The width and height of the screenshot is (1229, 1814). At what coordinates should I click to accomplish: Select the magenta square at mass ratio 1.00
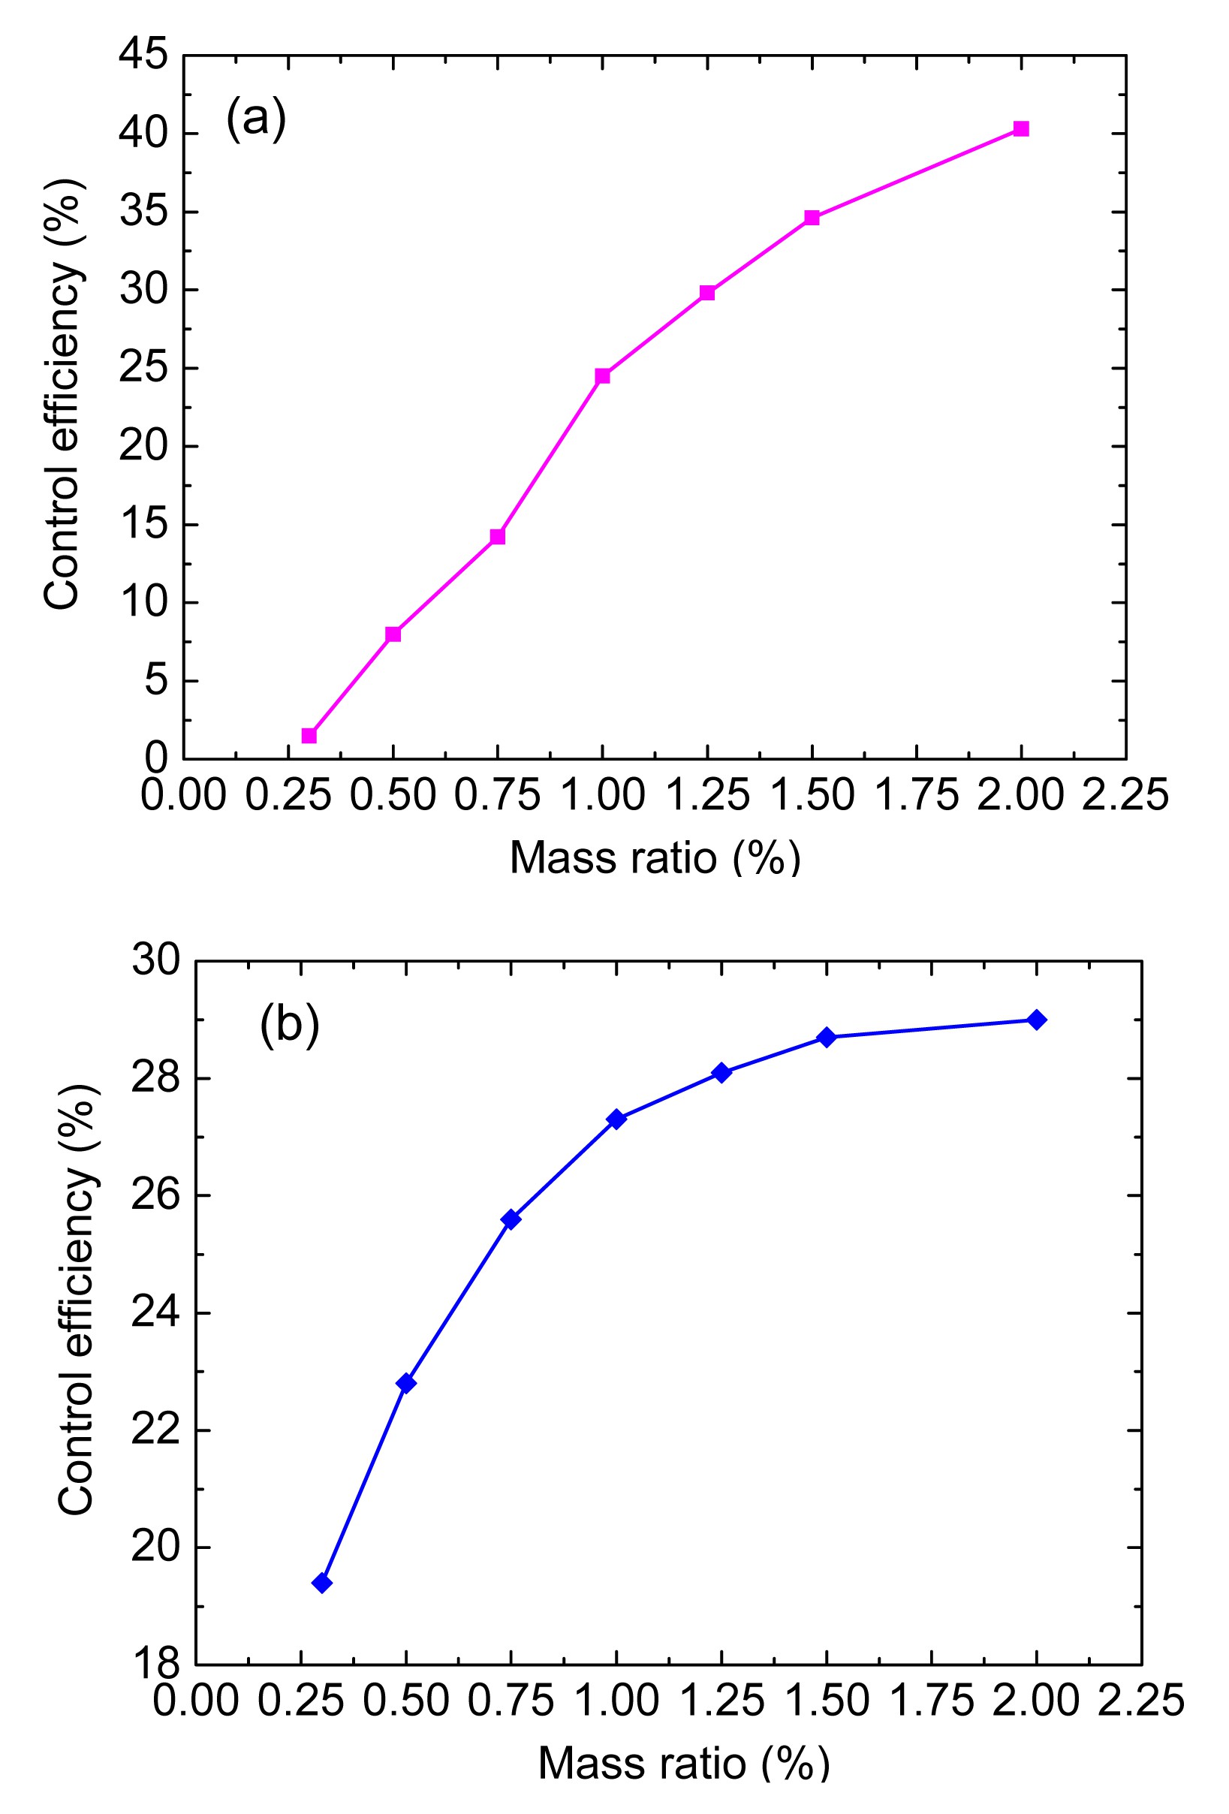pyautogui.click(x=602, y=376)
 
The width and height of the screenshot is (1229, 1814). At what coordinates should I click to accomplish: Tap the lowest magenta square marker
pyautogui.click(x=309, y=735)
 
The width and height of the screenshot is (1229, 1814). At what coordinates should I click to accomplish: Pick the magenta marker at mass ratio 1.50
pyautogui.click(x=812, y=218)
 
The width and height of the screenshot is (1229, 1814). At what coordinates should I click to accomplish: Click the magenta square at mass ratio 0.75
pyautogui.click(x=498, y=536)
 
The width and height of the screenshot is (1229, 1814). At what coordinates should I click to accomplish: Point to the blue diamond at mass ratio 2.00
pyautogui.click(x=1037, y=1020)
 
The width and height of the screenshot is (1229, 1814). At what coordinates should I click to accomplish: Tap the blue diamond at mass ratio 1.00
pyautogui.click(x=616, y=1119)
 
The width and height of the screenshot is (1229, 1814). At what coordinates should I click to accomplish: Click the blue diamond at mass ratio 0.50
pyautogui.click(x=405, y=1383)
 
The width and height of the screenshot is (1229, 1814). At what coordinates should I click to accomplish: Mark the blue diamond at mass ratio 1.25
pyautogui.click(x=721, y=1072)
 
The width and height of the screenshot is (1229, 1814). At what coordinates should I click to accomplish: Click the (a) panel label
pyautogui.click(x=256, y=119)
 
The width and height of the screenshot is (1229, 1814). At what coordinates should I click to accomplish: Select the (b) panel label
pyautogui.click(x=290, y=1024)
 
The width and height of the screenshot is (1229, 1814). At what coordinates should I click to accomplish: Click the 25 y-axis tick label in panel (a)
pyautogui.click(x=143, y=369)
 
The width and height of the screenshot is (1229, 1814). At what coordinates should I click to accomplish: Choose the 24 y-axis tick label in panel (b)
pyautogui.click(x=155, y=1313)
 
